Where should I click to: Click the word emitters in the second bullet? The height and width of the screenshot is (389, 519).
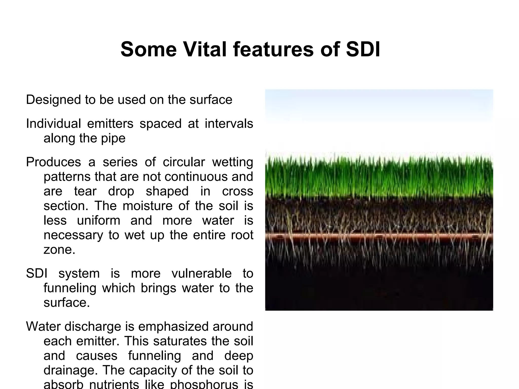click(110, 124)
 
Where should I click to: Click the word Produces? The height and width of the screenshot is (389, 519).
click(53, 162)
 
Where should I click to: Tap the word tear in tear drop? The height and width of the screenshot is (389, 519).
click(85, 191)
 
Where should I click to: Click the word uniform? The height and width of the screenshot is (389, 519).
click(99, 220)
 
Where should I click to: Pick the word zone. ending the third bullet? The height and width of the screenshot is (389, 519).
click(59, 250)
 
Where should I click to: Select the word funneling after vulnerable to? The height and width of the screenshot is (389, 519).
click(70, 288)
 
